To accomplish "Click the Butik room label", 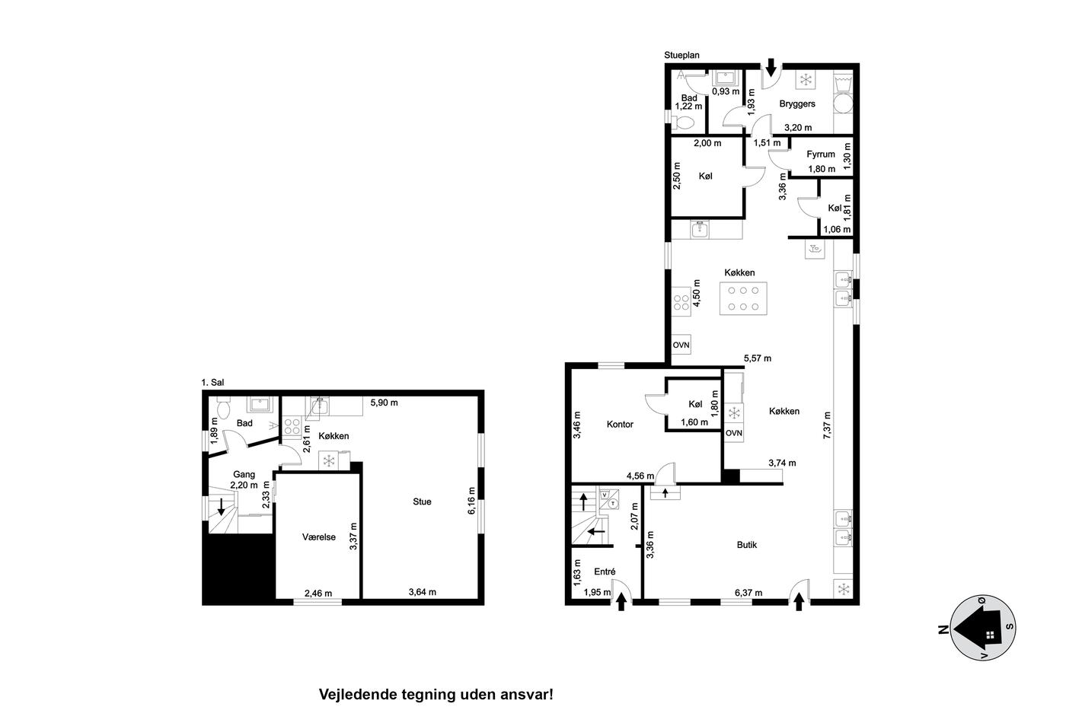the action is click(x=747, y=545).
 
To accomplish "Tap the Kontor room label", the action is click(x=620, y=424).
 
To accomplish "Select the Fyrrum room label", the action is click(x=821, y=154).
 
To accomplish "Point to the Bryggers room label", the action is click(x=797, y=103).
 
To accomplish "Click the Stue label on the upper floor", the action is click(x=422, y=501).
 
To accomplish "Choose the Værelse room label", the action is click(x=319, y=537).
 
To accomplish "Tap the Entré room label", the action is click(x=605, y=572).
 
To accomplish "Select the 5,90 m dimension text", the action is click(x=384, y=403).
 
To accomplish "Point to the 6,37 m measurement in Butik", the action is click(x=748, y=593).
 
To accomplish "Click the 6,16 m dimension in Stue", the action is click(x=471, y=501).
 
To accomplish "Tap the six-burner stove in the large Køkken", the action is click(x=743, y=298).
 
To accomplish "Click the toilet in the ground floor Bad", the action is click(x=685, y=123).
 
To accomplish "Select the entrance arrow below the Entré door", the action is click(x=621, y=603).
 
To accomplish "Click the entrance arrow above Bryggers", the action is click(x=771, y=68).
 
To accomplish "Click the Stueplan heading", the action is click(x=682, y=55).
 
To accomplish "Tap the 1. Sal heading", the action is click(x=212, y=382).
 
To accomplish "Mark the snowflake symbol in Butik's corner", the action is click(x=844, y=590).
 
